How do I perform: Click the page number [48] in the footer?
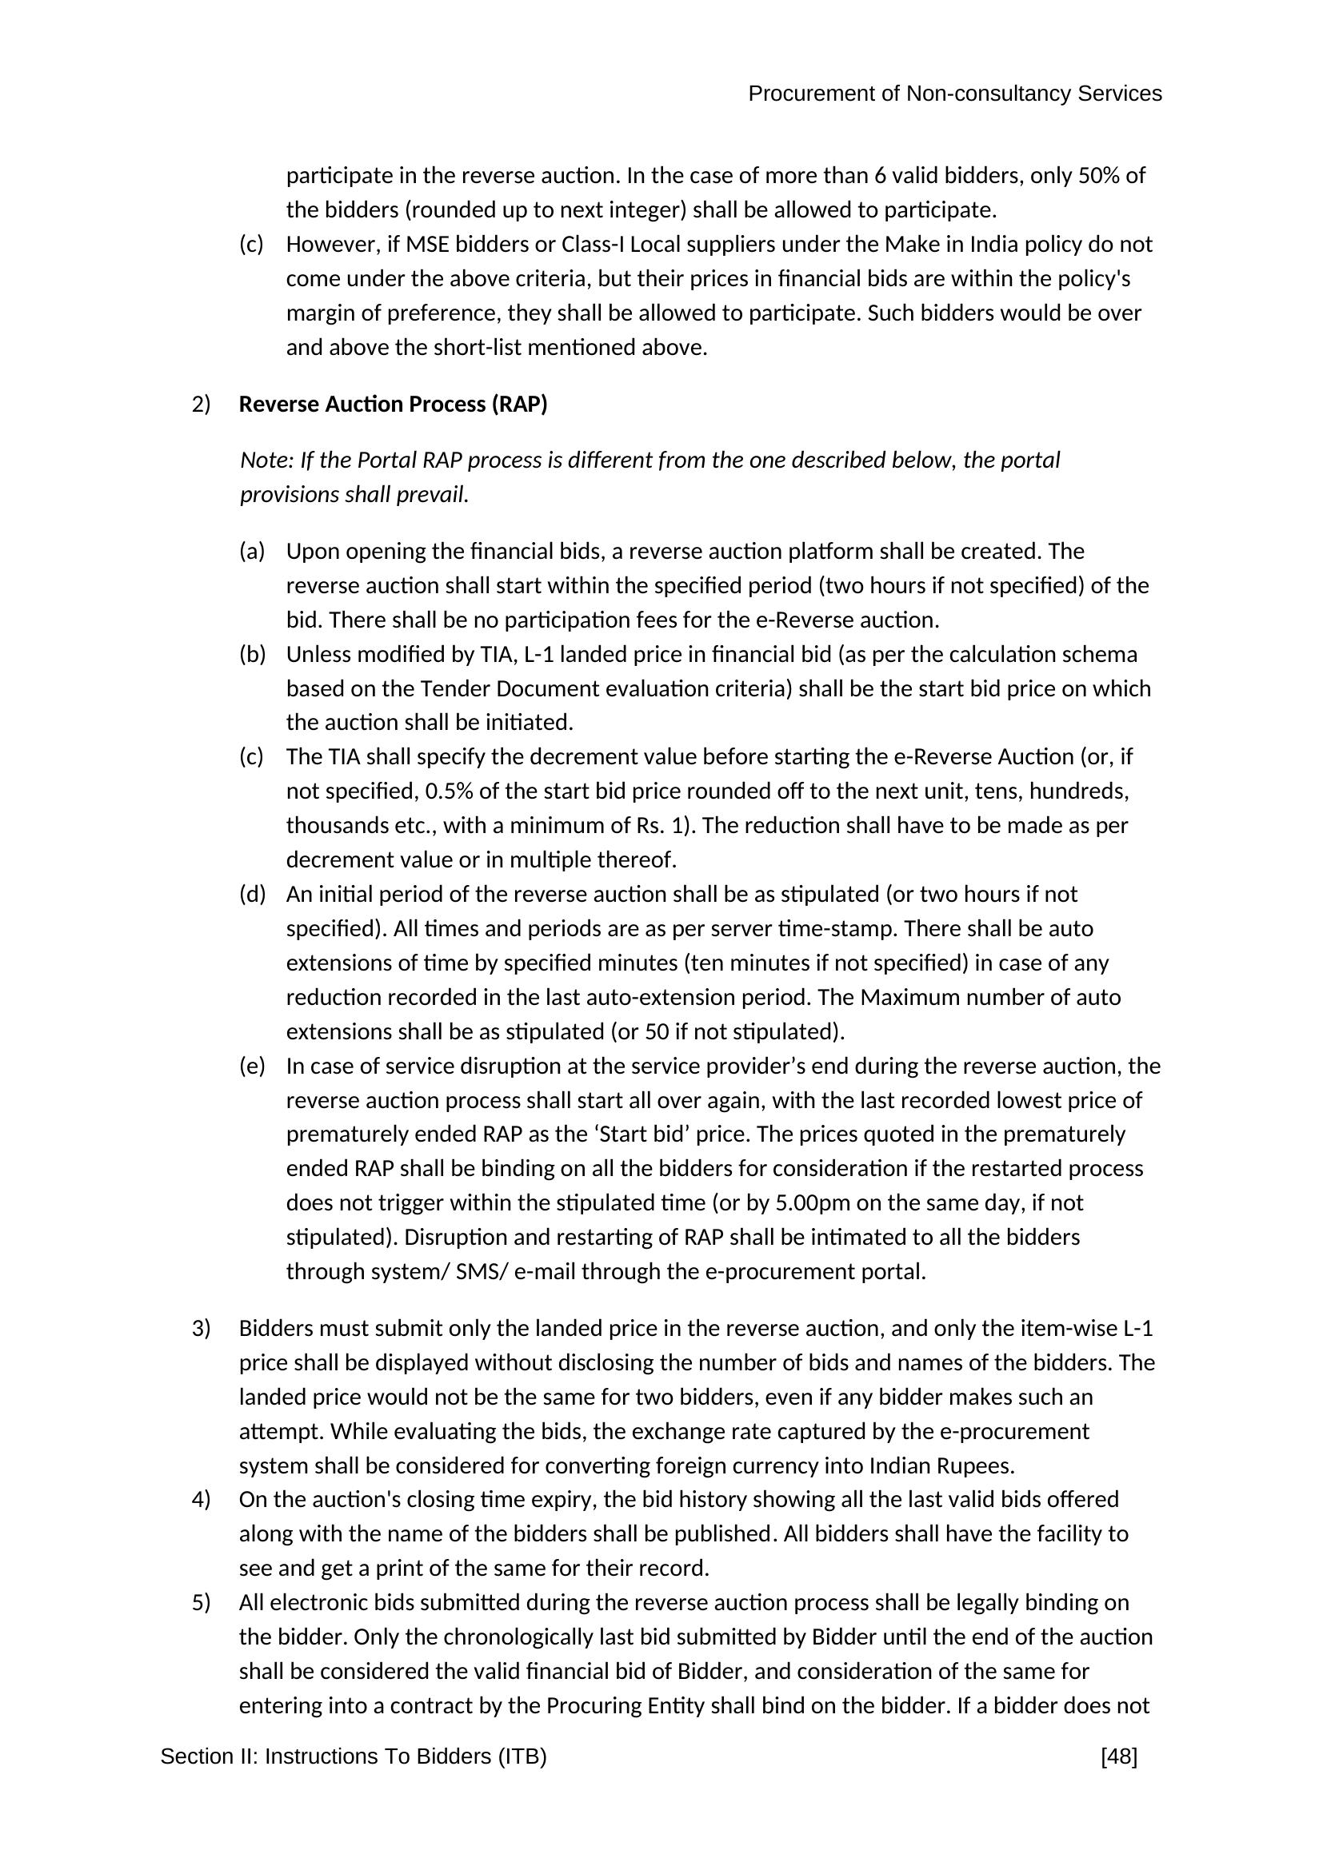point(1118,1756)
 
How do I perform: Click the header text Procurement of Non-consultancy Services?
point(954,94)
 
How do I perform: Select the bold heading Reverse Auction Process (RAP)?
point(393,405)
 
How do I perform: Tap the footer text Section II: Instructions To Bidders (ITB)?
point(354,1756)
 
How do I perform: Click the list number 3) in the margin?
point(202,1330)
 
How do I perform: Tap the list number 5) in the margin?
point(202,1603)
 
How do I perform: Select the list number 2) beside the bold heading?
point(202,405)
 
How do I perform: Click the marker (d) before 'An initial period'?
point(253,895)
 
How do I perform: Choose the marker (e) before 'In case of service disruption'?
point(253,1067)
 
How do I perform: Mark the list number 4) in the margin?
point(202,1499)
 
